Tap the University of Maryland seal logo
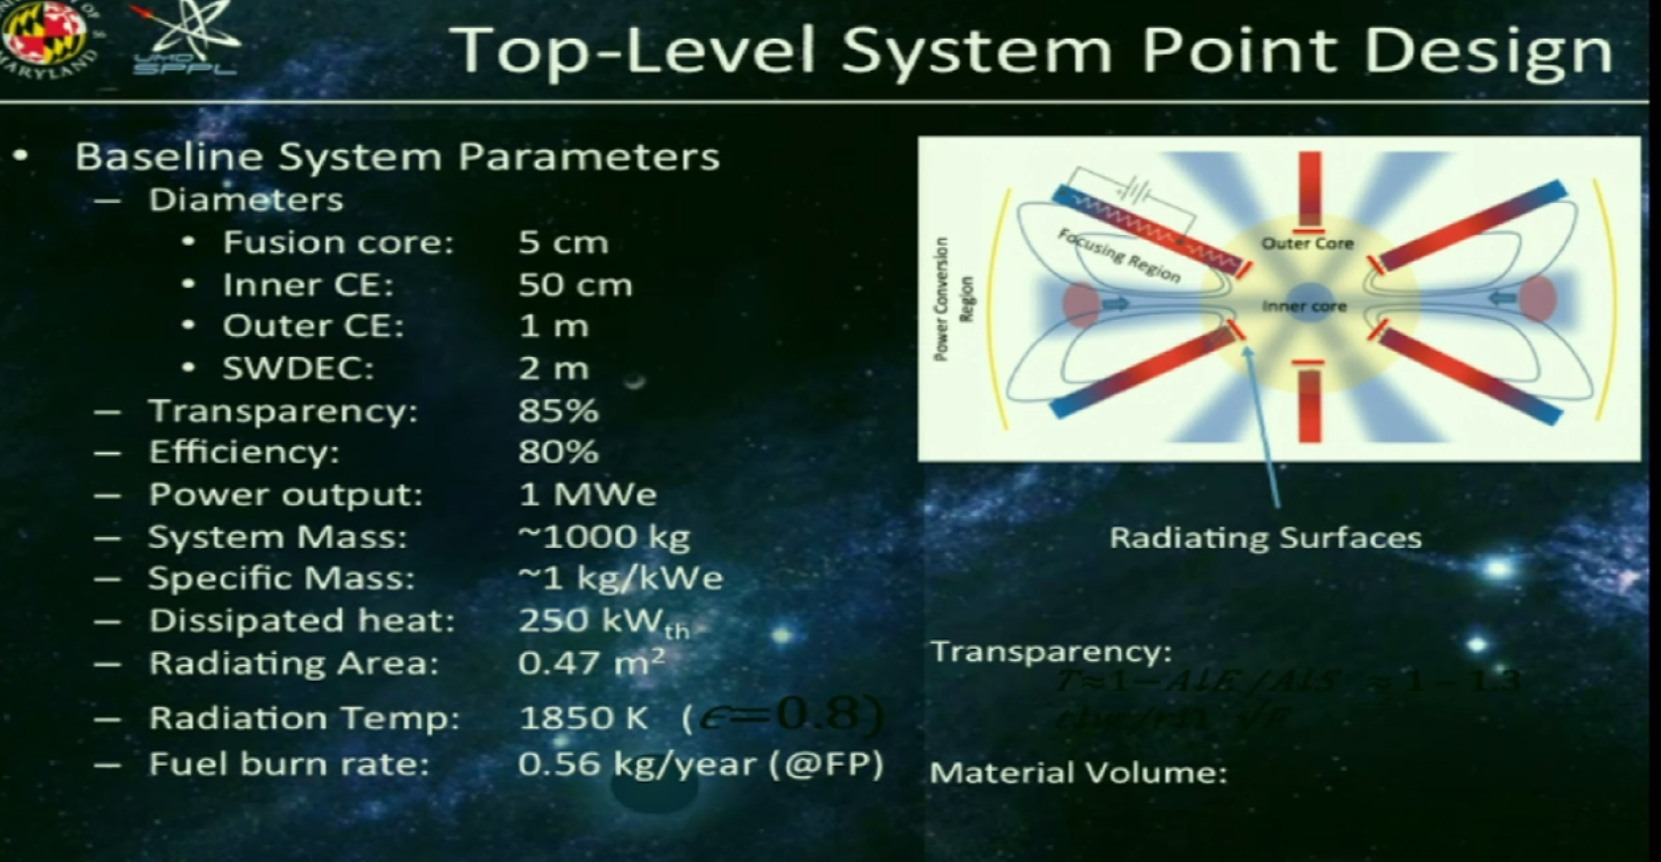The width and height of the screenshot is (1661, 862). click(x=45, y=35)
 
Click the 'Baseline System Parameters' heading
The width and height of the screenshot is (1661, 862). click(x=397, y=157)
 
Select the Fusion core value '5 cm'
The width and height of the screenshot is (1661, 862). click(x=563, y=243)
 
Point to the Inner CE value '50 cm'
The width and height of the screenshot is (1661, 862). click(x=574, y=285)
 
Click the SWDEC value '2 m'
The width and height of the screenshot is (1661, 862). click(x=553, y=369)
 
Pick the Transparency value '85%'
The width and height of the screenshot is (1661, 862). click(x=558, y=411)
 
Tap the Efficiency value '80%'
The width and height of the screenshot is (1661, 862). click(x=558, y=453)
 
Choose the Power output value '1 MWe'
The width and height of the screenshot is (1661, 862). click(x=586, y=494)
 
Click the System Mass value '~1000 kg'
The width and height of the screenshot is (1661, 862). click(x=603, y=537)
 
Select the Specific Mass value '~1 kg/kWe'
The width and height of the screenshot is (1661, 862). click(x=620, y=579)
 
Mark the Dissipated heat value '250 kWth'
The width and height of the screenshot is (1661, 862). click(x=602, y=621)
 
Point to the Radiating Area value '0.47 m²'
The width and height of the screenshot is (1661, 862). click(x=590, y=663)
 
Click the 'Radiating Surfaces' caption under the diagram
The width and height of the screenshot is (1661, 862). click(x=1265, y=538)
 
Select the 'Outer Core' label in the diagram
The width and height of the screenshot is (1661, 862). click(x=1306, y=244)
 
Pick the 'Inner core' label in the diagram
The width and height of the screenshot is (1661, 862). click(x=1303, y=306)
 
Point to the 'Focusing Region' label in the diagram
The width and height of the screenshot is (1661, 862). click(x=1119, y=256)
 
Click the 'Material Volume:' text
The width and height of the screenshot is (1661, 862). click(x=1078, y=773)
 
